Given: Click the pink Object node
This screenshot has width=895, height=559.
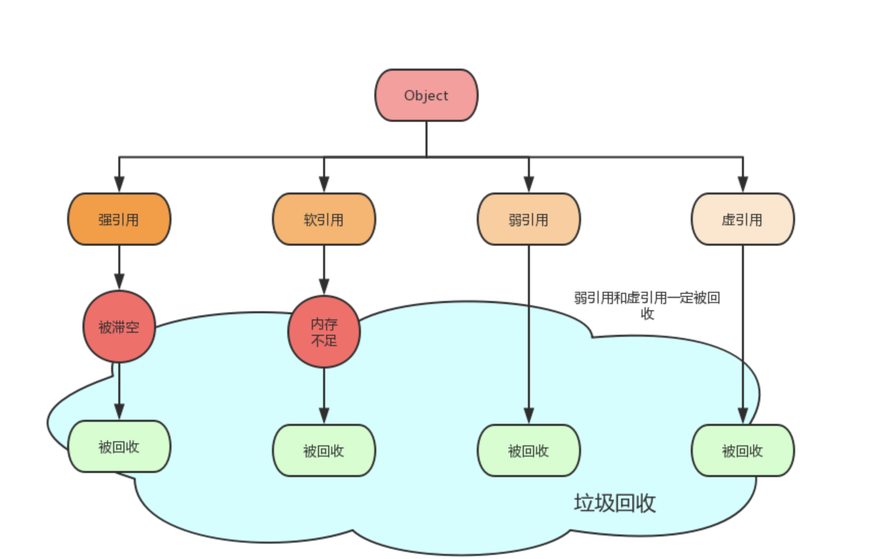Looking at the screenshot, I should [x=426, y=96].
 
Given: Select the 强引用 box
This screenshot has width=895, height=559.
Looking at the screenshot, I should [x=119, y=219].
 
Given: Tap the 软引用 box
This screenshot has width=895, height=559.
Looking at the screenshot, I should [x=324, y=219].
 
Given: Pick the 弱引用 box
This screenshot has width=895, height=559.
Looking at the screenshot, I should [x=528, y=219].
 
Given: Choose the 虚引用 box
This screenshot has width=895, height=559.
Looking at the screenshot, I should [x=742, y=219].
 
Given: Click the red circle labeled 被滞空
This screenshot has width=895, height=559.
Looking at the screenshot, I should [x=119, y=327].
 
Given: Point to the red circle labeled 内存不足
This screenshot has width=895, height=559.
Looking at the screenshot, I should [x=324, y=332].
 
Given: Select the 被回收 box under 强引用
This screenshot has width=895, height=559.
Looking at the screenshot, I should [x=119, y=446].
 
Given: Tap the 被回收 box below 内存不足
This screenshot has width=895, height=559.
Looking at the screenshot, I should [x=324, y=450].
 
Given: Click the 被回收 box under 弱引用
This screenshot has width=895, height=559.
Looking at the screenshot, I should [x=528, y=450].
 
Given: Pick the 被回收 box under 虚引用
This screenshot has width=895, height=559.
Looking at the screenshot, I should [x=742, y=450].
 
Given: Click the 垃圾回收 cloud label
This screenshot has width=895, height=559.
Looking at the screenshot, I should [x=614, y=503].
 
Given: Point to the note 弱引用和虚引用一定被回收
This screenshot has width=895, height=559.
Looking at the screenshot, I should [x=647, y=305].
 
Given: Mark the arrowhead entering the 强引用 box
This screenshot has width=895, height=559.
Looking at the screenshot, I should [x=119, y=185].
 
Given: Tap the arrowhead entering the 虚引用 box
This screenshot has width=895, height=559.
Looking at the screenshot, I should [x=743, y=185].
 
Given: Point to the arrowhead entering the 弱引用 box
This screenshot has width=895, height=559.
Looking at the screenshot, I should [x=529, y=185].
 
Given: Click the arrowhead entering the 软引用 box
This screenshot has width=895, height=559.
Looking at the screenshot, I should [x=324, y=185].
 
